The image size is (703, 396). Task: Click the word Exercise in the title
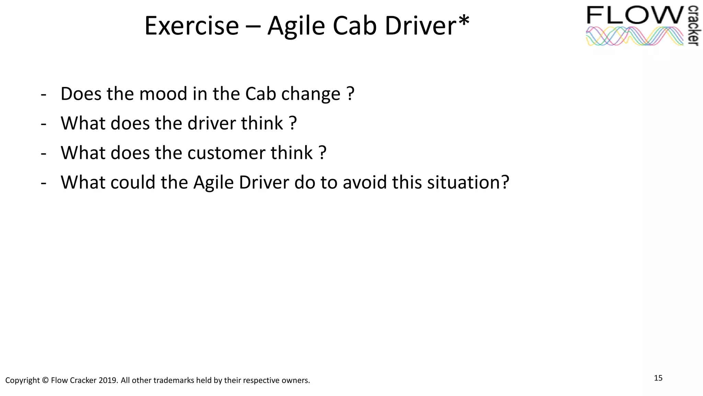click(191, 26)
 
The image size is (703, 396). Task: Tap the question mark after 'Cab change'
click(350, 93)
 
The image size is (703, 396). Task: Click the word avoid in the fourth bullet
click(365, 182)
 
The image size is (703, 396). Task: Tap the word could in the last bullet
click(133, 182)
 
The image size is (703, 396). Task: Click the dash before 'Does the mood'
click(43, 94)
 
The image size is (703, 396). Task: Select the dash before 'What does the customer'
click(43, 153)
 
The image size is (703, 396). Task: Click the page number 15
click(658, 378)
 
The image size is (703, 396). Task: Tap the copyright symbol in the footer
click(45, 381)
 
